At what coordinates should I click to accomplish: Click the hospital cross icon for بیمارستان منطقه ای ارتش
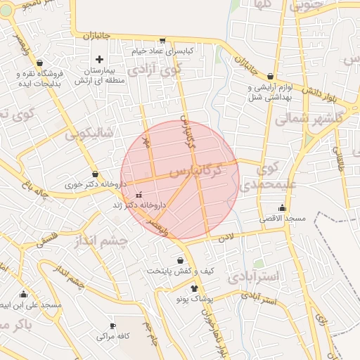[99, 60]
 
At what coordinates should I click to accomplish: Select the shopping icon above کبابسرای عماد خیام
[163, 41]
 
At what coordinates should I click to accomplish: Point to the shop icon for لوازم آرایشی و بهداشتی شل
[271, 76]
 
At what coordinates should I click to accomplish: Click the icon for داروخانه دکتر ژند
[139, 194]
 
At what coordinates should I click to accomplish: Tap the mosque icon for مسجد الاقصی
[282, 207]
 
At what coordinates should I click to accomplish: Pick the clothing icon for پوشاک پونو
[195, 288]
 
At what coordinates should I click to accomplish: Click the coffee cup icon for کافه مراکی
[112, 326]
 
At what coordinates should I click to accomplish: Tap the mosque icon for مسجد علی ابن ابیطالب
[23, 295]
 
